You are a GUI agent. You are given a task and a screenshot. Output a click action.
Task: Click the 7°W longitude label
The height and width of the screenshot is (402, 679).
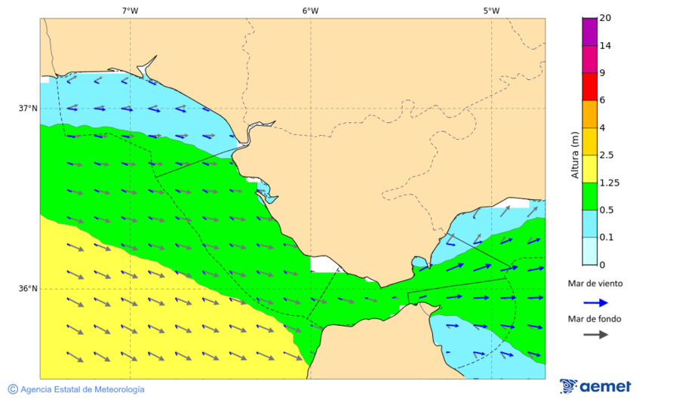pos(130,11)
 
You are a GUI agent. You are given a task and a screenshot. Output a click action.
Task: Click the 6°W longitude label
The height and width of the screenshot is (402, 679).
pos(310,11)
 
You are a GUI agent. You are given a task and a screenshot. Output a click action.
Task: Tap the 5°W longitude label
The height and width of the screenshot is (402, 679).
pos(491,11)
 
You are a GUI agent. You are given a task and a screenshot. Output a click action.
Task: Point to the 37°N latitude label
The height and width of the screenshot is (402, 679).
pos(28,108)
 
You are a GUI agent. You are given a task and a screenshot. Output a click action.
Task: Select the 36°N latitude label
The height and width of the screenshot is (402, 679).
pos(28,288)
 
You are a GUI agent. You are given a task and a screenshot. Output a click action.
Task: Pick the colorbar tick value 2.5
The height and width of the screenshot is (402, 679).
pos(606,155)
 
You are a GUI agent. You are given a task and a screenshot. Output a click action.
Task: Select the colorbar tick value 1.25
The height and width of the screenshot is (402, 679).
pos(608,183)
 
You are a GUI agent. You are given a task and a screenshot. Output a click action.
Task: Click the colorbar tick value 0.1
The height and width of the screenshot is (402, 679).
pos(606,238)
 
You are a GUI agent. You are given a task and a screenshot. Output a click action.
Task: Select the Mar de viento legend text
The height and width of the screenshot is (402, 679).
pos(595,284)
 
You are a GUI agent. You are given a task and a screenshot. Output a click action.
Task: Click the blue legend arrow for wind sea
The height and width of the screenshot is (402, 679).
pos(596,302)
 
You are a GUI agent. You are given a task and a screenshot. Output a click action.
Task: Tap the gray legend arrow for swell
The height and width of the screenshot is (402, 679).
pos(596,334)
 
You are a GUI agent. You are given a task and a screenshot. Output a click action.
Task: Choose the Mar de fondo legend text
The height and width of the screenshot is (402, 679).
pos(595,318)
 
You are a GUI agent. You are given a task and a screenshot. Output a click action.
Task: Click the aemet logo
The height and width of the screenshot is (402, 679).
pos(595,386)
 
